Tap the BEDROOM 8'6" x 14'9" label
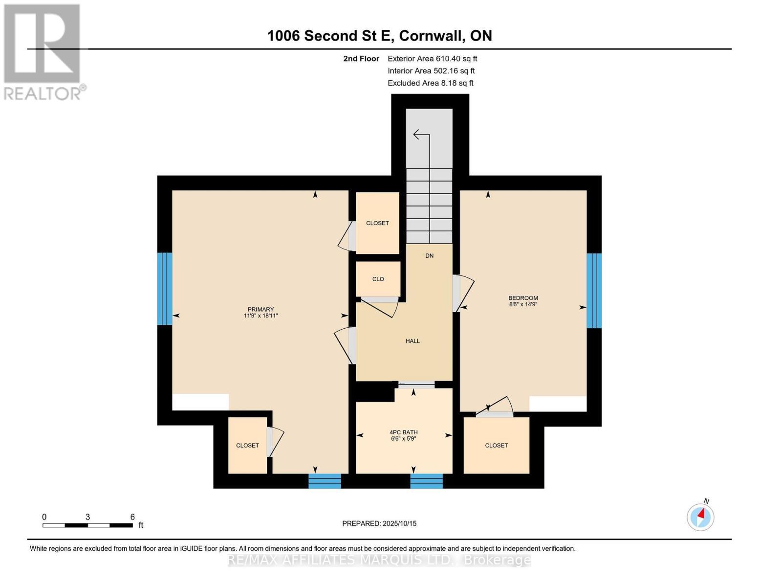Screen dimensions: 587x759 click(x=523, y=301)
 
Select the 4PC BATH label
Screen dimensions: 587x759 click(x=403, y=435)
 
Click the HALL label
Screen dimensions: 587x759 click(x=412, y=341)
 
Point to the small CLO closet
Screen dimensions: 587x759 click(x=378, y=279)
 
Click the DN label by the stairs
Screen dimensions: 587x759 click(x=429, y=256)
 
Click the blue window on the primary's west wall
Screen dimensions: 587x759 click(x=165, y=289)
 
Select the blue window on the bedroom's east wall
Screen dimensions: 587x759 click(x=594, y=291)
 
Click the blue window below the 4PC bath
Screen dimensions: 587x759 click(x=426, y=481)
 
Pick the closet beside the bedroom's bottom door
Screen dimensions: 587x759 click(x=496, y=445)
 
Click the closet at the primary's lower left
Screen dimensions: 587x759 click(x=247, y=445)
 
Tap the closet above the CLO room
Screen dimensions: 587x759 click(x=377, y=223)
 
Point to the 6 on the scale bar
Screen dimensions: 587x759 click(x=132, y=517)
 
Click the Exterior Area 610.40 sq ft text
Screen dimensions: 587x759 click(x=432, y=59)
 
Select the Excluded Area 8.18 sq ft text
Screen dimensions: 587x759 click(x=430, y=83)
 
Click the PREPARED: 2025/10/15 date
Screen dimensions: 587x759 click(x=379, y=523)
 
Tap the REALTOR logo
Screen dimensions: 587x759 click(x=43, y=51)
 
